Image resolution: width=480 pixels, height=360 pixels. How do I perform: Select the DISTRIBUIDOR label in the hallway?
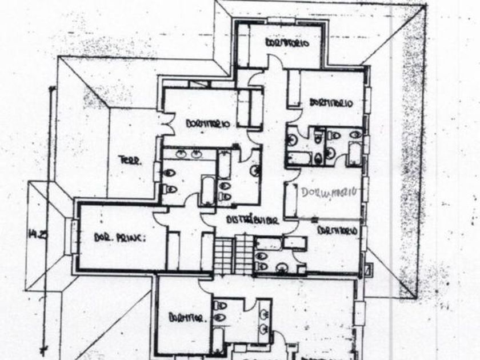tap(252, 220)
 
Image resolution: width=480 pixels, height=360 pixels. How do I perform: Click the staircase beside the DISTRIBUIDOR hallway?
tap(233, 254)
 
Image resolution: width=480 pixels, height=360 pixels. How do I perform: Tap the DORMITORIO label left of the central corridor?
tap(208, 123)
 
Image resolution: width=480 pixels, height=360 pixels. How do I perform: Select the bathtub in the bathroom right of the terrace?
tap(207, 190)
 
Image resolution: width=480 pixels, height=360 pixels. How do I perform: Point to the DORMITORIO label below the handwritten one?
tap(337, 230)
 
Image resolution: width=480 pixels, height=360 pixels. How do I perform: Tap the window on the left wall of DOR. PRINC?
tap(73, 237)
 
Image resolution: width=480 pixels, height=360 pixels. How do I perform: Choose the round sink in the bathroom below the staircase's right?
tap(282, 267)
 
